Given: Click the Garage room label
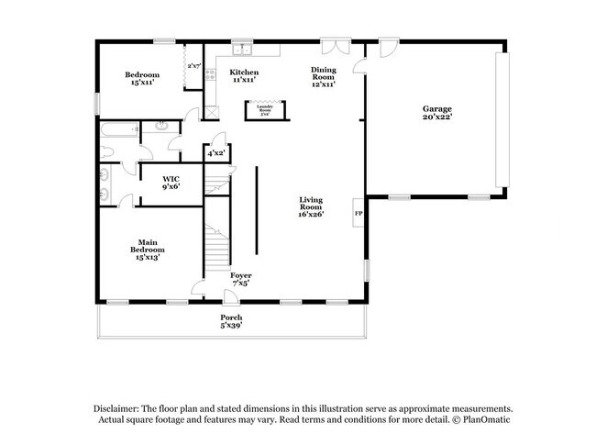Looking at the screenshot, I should pyautogui.click(x=436, y=112).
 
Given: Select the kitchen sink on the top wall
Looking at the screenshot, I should pyautogui.click(x=241, y=50).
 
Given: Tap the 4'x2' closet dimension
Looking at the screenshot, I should pyautogui.click(x=215, y=153).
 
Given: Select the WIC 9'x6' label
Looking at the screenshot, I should pyautogui.click(x=171, y=182).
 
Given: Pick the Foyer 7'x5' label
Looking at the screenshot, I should pyautogui.click(x=240, y=278).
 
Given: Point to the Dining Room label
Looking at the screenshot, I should pyautogui.click(x=323, y=76).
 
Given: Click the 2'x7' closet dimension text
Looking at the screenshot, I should pyautogui.click(x=194, y=66).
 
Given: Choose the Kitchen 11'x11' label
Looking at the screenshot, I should pyautogui.click(x=244, y=76).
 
